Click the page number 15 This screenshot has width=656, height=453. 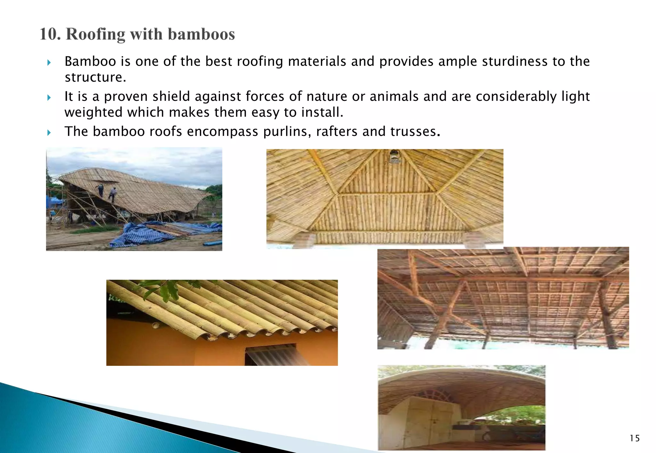[x=635, y=438]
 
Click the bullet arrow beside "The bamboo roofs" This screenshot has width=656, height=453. [x=49, y=132]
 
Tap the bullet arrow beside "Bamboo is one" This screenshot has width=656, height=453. [x=49, y=62]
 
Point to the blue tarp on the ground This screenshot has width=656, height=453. [x=144, y=235]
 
